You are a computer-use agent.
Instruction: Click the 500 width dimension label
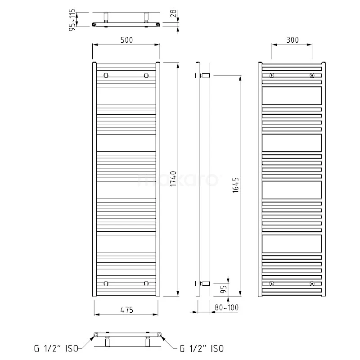click(x=126, y=40)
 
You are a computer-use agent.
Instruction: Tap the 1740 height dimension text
click(x=173, y=180)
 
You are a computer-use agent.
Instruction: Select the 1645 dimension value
click(x=236, y=184)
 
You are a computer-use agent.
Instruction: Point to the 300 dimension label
click(x=292, y=40)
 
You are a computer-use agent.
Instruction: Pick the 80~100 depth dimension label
click(x=227, y=308)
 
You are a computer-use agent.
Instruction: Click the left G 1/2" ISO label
click(x=56, y=348)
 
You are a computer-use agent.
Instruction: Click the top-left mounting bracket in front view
click(x=106, y=76)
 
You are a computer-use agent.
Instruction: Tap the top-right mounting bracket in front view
click(x=146, y=76)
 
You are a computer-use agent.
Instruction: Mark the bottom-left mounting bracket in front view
click(x=106, y=283)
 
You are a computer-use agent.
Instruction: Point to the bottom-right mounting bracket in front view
click(x=146, y=283)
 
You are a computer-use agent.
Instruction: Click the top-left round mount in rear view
click(x=272, y=76)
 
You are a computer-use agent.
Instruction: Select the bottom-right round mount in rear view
click(x=312, y=283)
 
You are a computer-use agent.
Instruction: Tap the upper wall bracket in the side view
click(x=205, y=75)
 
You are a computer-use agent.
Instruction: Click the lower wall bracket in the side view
click(x=205, y=283)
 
